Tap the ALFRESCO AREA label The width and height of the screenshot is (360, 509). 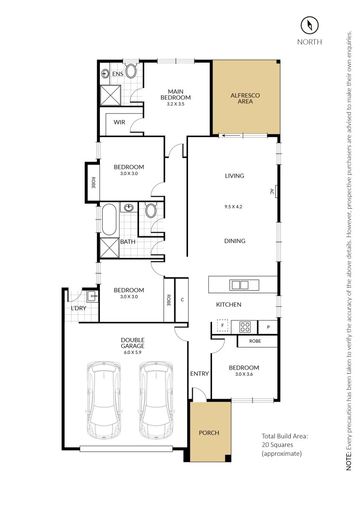[x=245, y=98]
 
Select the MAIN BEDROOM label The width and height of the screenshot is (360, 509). [x=175, y=94]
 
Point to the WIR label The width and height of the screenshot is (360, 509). [x=120, y=122]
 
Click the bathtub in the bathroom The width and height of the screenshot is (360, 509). [x=109, y=219]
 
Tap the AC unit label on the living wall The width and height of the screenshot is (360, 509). [x=272, y=191]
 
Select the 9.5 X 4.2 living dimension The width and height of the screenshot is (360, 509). [x=234, y=206]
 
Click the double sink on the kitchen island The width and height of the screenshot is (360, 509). [x=239, y=285]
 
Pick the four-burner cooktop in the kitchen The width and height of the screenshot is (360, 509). [x=245, y=326]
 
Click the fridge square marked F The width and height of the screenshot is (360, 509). [x=222, y=326]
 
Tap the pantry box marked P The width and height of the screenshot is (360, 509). [x=268, y=326]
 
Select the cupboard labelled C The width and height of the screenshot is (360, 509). [x=181, y=300]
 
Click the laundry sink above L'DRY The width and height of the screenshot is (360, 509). [x=92, y=296]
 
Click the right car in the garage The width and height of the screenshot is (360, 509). [x=154, y=399]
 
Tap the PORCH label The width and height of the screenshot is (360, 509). [x=209, y=433]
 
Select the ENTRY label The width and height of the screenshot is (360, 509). [x=199, y=374]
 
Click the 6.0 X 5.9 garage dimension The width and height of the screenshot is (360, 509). [x=132, y=352]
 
